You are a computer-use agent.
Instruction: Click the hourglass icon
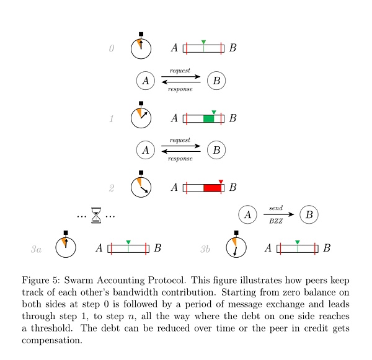pos(96,215)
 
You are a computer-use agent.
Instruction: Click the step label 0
pos(112,48)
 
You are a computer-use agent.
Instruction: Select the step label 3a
pos(36,249)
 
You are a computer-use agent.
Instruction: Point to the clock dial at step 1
pos(141,118)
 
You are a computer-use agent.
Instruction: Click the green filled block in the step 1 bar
pos(208,118)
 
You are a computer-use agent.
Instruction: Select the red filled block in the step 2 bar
pos(213,187)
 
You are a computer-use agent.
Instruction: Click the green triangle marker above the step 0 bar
pos(203,42)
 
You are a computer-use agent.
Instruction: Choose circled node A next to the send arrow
pos(247,214)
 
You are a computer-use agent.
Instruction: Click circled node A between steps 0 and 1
pos(145,80)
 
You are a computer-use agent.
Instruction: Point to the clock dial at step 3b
pos(236,248)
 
